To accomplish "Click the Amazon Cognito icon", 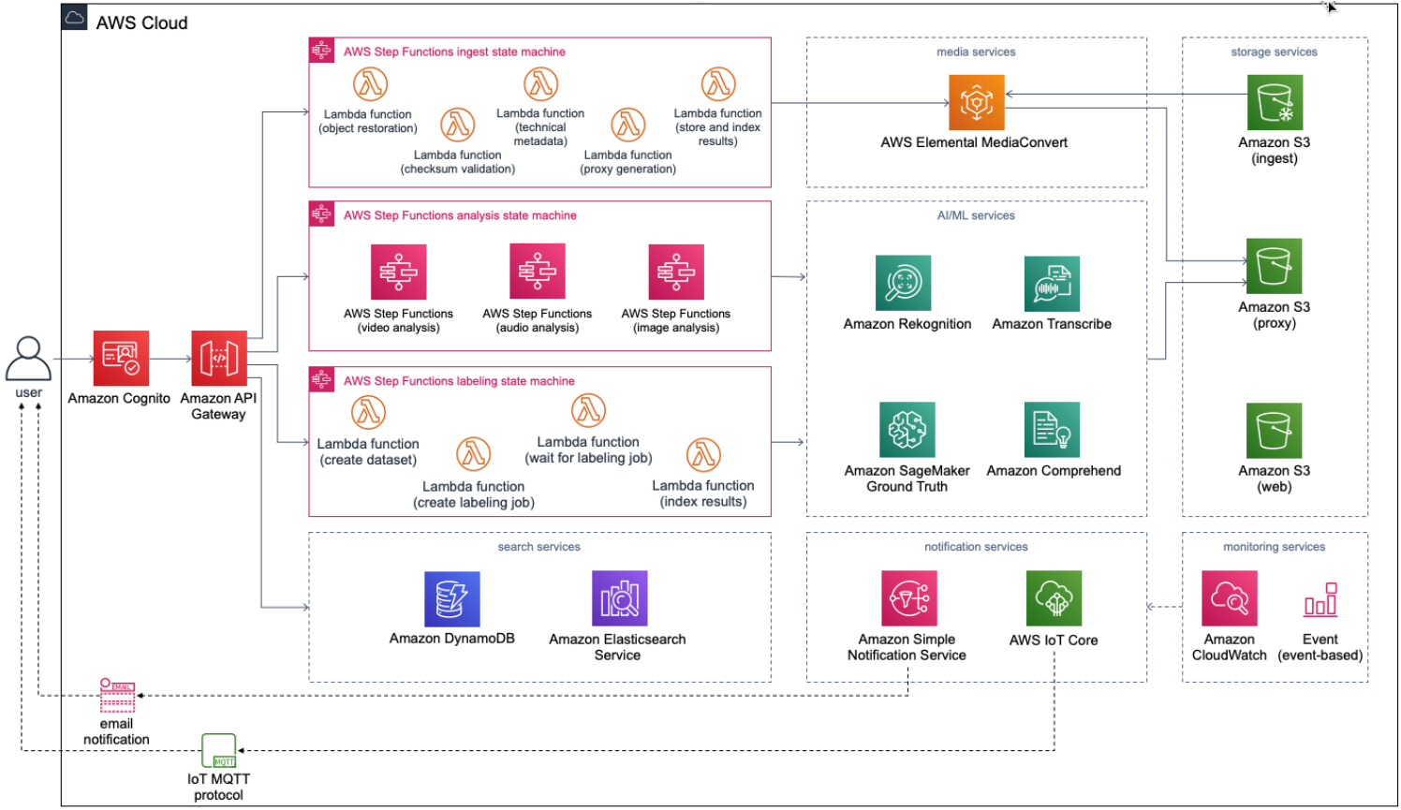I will point(121,358).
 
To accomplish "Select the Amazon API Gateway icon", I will point(219,358).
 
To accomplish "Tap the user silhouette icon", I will point(28,359).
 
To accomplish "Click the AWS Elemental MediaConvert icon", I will point(976,102).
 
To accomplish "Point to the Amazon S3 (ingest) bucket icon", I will point(1275,102).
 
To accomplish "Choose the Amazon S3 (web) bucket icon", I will point(1274,431).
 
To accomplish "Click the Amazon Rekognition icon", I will point(903,283).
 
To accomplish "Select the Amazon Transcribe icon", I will point(1052,284).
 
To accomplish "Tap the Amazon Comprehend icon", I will point(1052,430).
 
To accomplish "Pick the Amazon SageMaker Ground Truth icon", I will point(907,430).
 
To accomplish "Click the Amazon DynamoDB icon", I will point(452,599).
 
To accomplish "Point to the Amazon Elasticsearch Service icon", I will point(619,598).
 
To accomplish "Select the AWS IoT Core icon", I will point(1054,598).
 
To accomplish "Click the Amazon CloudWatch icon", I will point(1229,598).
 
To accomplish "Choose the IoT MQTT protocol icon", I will point(219,751).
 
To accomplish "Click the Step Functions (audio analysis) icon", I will point(538,272).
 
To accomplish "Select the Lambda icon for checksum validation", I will point(458,125).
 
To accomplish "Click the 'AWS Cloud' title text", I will point(141,23).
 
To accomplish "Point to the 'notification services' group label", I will point(976,547).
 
